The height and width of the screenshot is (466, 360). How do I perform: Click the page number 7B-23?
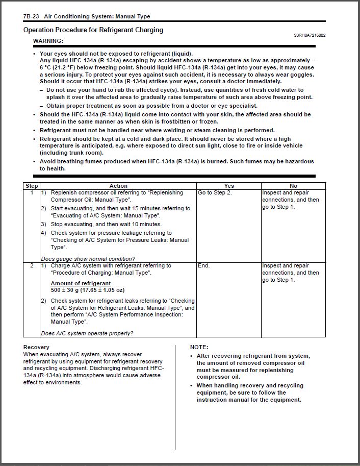pos(32,17)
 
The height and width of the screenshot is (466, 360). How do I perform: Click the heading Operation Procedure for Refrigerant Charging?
pos(93,30)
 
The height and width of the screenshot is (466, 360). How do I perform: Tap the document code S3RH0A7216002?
pos(310,36)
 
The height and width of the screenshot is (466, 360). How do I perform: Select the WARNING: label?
pos(48,40)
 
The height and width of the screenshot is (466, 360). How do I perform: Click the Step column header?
pos(32,186)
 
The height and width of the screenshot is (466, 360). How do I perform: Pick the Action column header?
pos(118,186)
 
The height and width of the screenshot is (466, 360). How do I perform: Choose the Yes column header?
pos(229,186)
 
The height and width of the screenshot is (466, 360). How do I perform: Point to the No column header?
pos(293,186)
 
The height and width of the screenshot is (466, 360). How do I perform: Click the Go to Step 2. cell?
pos(215,193)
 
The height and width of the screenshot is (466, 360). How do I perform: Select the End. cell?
pos(203,266)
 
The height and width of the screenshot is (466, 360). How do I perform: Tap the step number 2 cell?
pos(32,266)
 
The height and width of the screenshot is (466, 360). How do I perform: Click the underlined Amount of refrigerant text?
pos(81,283)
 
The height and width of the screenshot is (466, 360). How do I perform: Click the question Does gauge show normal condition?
pos(88,258)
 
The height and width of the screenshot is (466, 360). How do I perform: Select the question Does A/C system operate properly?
pos(87,333)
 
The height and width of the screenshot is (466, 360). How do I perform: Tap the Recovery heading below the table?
pos(36,347)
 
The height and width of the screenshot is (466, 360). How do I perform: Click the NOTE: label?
pos(199,347)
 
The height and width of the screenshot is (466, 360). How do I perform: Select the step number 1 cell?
pos(32,193)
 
